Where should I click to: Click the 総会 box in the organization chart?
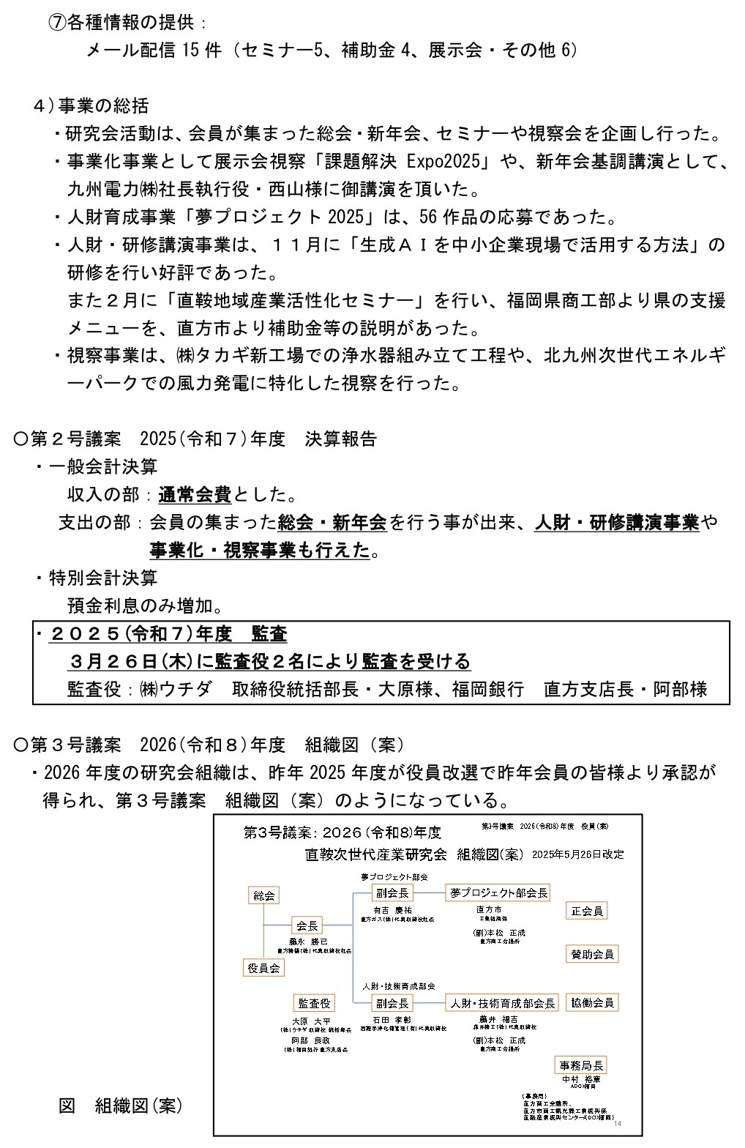263,895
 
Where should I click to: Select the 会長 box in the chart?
307,925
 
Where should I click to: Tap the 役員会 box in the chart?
263,968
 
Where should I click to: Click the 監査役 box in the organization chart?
313,1003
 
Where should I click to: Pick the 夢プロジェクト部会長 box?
498,892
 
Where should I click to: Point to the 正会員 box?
587,911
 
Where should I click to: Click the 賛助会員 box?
592,954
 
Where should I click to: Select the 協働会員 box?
592,1002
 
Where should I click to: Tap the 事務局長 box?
582,1065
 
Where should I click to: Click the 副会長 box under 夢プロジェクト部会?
393,892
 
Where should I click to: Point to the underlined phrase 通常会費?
195,495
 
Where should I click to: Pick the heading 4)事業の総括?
91,105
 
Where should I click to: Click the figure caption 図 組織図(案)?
120,1106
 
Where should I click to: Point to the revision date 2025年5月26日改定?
578,854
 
